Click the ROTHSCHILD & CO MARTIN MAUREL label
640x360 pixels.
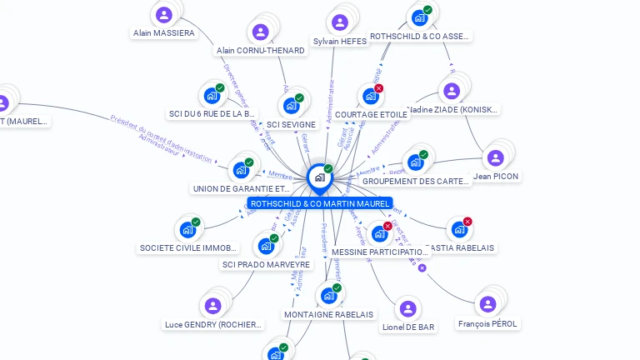(319, 203)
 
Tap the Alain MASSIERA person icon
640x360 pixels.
(163, 14)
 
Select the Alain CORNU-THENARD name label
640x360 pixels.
(260, 51)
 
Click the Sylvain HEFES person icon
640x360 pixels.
(339, 22)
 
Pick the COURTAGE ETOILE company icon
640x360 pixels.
(370, 97)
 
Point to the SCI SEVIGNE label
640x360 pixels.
(287, 125)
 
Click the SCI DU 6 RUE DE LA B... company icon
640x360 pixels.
(211, 96)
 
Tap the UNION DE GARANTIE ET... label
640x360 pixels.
(241, 189)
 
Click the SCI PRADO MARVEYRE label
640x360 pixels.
(266, 265)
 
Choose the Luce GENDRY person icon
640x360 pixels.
(213, 306)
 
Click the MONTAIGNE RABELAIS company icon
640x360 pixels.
(328, 296)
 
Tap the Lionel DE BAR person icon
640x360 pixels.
(407, 309)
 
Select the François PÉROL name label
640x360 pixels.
(487, 323)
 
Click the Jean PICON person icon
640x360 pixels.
(495, 158)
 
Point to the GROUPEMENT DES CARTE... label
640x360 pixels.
(416, 181)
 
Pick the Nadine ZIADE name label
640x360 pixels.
(454, 109)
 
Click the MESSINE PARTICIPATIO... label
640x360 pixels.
(379, 252)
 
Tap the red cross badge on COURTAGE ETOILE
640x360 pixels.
(379, 88)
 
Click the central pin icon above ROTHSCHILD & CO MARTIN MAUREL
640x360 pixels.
(319, 177)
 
